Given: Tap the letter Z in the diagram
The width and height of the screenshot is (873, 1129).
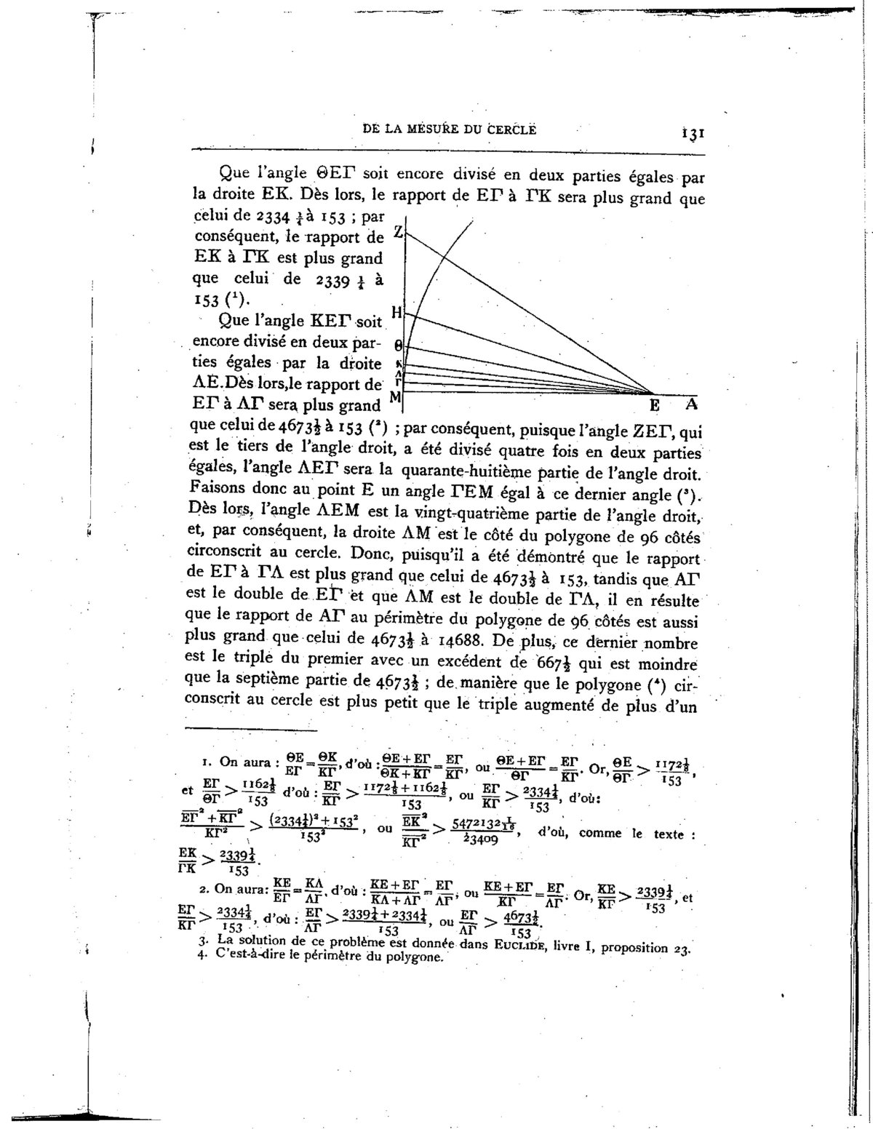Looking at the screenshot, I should point(397,231).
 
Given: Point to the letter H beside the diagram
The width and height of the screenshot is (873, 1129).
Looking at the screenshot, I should point(396,312).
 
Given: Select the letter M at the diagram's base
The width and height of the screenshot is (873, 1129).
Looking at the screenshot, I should point(396,397).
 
